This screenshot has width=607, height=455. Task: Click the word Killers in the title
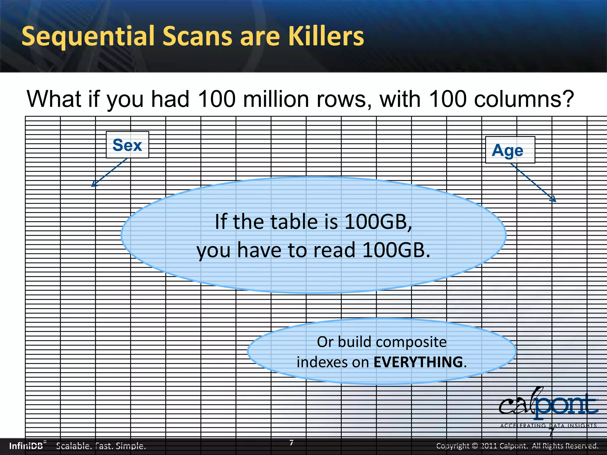(x=326, y=36)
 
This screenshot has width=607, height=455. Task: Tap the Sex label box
(x=127, y=145)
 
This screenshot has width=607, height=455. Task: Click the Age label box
(x=510, y=150)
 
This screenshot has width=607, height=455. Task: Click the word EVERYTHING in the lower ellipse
(x=418, y=362)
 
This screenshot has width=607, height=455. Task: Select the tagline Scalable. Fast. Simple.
(x=101, y=446)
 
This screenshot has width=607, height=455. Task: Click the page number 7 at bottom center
(x=291, y=443)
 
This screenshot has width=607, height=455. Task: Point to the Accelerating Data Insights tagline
(x=548, y=426)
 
